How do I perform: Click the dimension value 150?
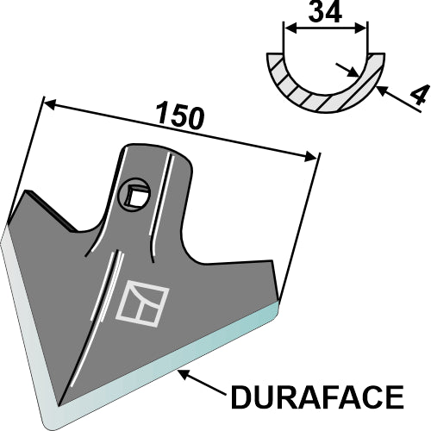(x=180, y=116)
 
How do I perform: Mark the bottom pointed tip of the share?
(x=59, y=404)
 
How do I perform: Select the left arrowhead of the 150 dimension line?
(x=48, y=104)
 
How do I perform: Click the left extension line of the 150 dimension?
(x=26, y=155)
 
